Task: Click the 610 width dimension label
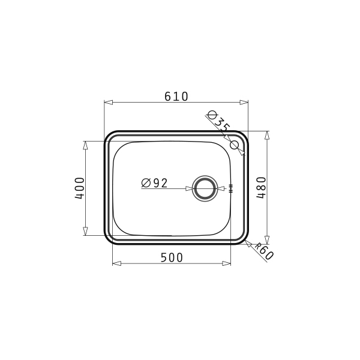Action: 176,97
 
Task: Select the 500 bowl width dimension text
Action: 172,257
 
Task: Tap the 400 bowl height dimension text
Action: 80,188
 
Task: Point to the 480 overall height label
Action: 261,188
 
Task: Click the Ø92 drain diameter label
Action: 155,183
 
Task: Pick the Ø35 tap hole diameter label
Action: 218,121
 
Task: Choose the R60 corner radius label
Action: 265,251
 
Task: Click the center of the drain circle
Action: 205,188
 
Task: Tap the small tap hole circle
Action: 235,145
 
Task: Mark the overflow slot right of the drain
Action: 231,188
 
